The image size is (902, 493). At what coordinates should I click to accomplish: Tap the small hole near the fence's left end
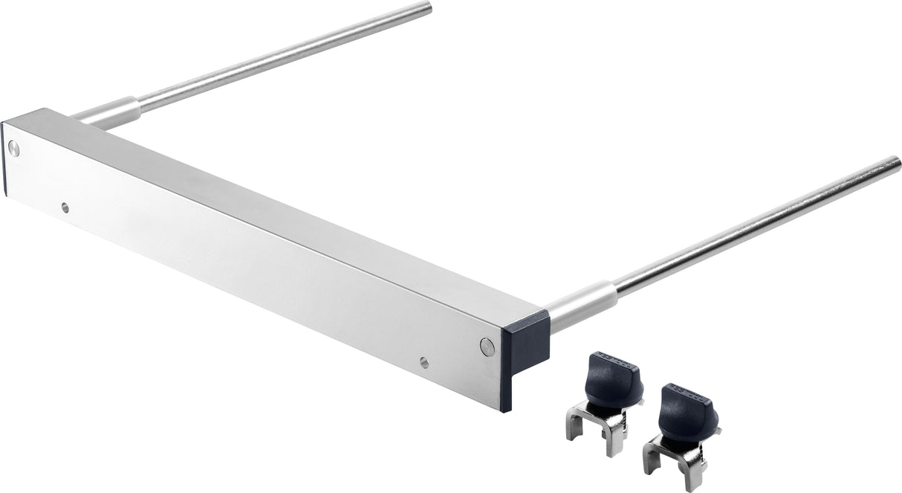(x=65, y=207)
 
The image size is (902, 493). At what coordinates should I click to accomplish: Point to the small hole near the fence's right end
(x=424, y=362)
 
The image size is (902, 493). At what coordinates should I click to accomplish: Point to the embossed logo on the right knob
(x=695, y=391)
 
